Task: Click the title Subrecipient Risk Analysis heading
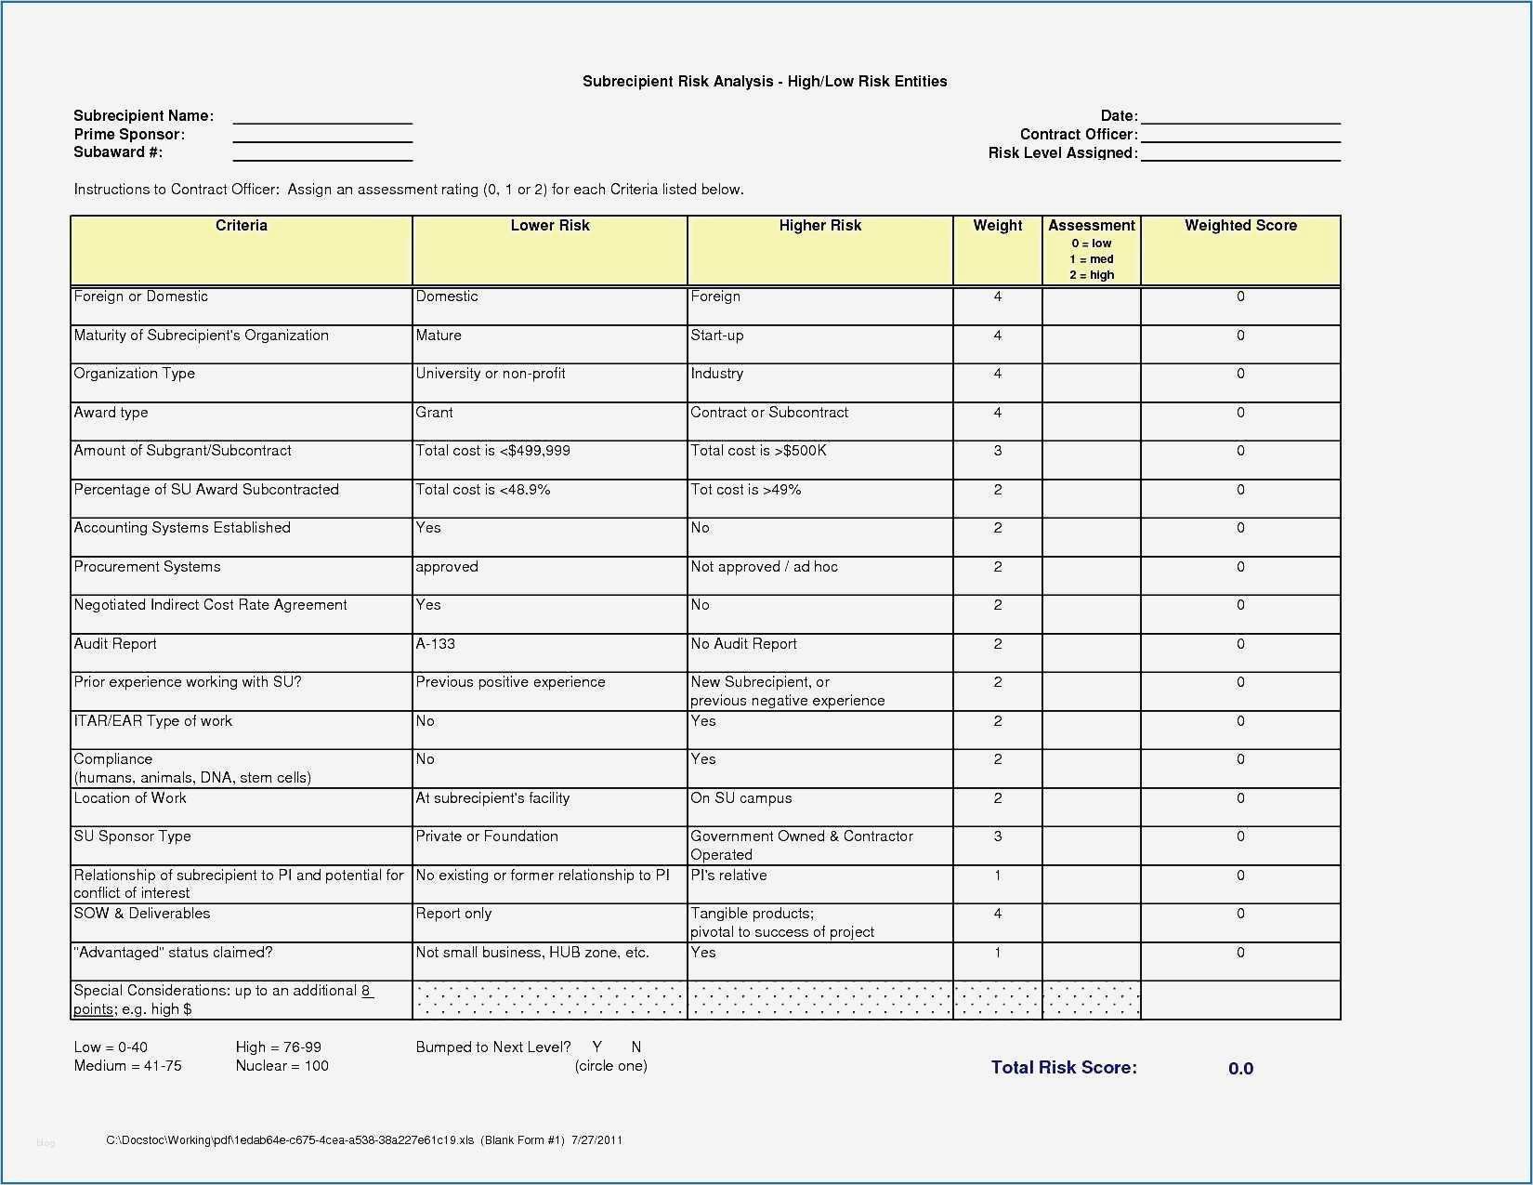coord(764,82)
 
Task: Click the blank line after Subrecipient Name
coord(321,117)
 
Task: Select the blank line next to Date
coord(1239,117)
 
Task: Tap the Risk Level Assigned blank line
coord(1239,154)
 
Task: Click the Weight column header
coord(997,226)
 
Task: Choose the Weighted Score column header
coord(1239,226)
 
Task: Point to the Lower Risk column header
coord(549,226)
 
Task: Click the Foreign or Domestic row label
coord(141,296)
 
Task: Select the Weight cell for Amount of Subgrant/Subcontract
coord(997,451)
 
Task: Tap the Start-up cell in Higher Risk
coord(717,336)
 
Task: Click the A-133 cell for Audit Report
coord(436,644)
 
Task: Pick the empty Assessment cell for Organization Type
coord(1091,382)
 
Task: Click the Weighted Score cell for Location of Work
coord(1239,798)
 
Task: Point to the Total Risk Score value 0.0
coord(1239,1069)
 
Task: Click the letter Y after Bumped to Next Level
coord(597,1047)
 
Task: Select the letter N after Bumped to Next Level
coord(636,1047)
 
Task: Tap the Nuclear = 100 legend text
coord(282,1066)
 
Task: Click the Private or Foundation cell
coord(487,836)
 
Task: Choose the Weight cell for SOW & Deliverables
coord(997,914)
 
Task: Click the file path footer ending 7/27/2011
coord(364,1140)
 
